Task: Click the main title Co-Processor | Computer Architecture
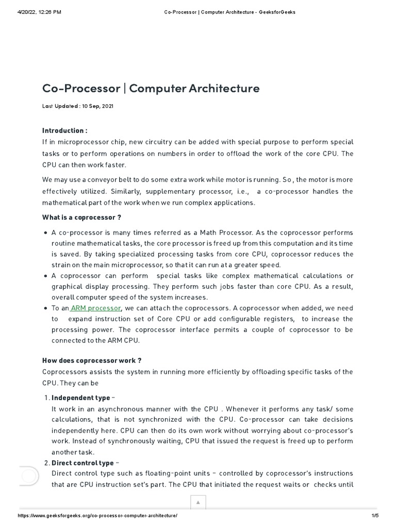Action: [x=151, y=88]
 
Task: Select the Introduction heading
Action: [x=64, y=130]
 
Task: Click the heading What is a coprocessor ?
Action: [x=81, y=218]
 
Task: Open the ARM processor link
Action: [x=95, y=308]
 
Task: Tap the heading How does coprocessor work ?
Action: [x=92, y=360]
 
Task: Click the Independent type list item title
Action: [x=81, y=398]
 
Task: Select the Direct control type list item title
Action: [x=82, y=463]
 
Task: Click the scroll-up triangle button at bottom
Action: [x=198, y=502]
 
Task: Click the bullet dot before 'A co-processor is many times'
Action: [x=46, y=233]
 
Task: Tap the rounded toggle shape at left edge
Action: [x=29, y=475]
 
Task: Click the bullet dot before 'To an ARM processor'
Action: [x=46, y=308]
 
